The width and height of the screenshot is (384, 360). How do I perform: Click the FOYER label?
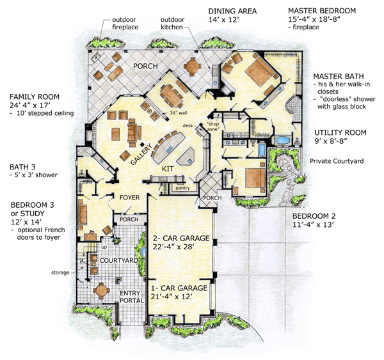point(129,198)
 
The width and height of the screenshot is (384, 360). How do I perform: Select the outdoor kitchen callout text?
point(175,23)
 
